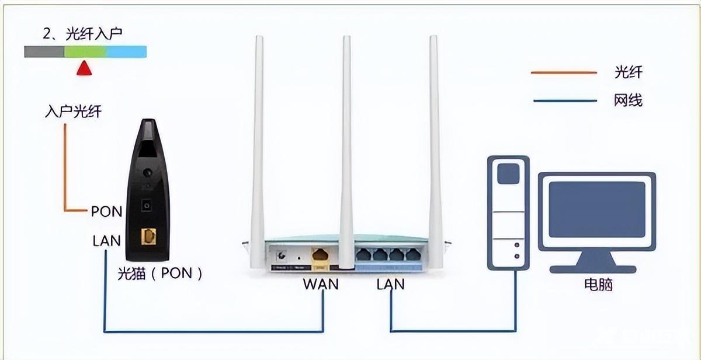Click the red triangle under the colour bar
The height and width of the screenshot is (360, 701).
(85, 68)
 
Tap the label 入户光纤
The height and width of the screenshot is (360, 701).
(73, 111)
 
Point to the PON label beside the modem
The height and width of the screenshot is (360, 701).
(106, 211)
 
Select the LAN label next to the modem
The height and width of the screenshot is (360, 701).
(106, 240)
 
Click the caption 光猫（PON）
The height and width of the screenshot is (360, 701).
(159, 273)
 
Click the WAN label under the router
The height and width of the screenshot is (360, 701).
(321, 285)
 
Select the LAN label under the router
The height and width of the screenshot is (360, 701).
(391, 285)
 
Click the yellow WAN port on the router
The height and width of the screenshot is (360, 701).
(321, 255)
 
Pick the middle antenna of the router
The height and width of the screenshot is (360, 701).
(347, 146)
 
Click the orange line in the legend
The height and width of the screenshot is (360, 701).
(564, 72)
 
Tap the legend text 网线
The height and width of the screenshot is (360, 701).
(629, 101)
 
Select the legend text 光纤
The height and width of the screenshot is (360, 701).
(629, 72)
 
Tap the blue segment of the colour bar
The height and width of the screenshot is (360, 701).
(126, 52)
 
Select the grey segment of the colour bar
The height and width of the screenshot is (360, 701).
(44, 52)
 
